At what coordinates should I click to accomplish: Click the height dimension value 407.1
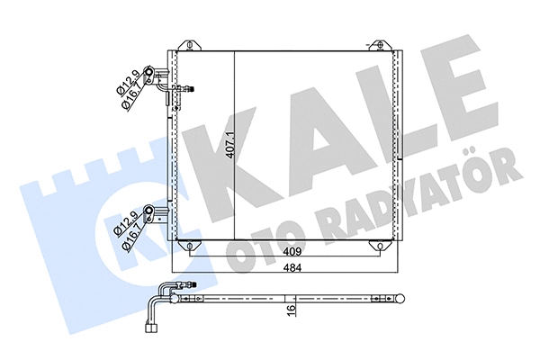click(x=231, y=145)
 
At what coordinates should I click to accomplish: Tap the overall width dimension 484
click(x=287, y=269)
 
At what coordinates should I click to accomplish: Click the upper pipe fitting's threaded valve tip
click(x=189, y=88)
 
